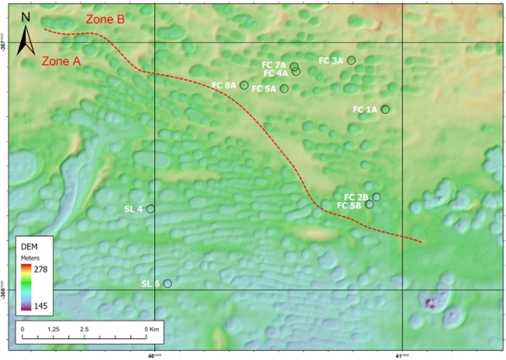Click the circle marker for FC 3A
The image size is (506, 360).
point(351,60)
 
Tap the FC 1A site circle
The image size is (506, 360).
point(385,109)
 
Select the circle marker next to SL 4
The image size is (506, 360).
point(151,208)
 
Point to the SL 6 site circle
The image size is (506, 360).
point(167,283)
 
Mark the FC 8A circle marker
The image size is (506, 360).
point(244,85)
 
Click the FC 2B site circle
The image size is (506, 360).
point(376,196)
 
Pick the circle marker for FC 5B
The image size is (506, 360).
point(369,204)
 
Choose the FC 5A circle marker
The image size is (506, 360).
point(284,89)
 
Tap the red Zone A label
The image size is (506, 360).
point(61,62)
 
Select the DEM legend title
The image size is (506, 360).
point(30,244)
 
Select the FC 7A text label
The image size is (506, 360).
point(274,64)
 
